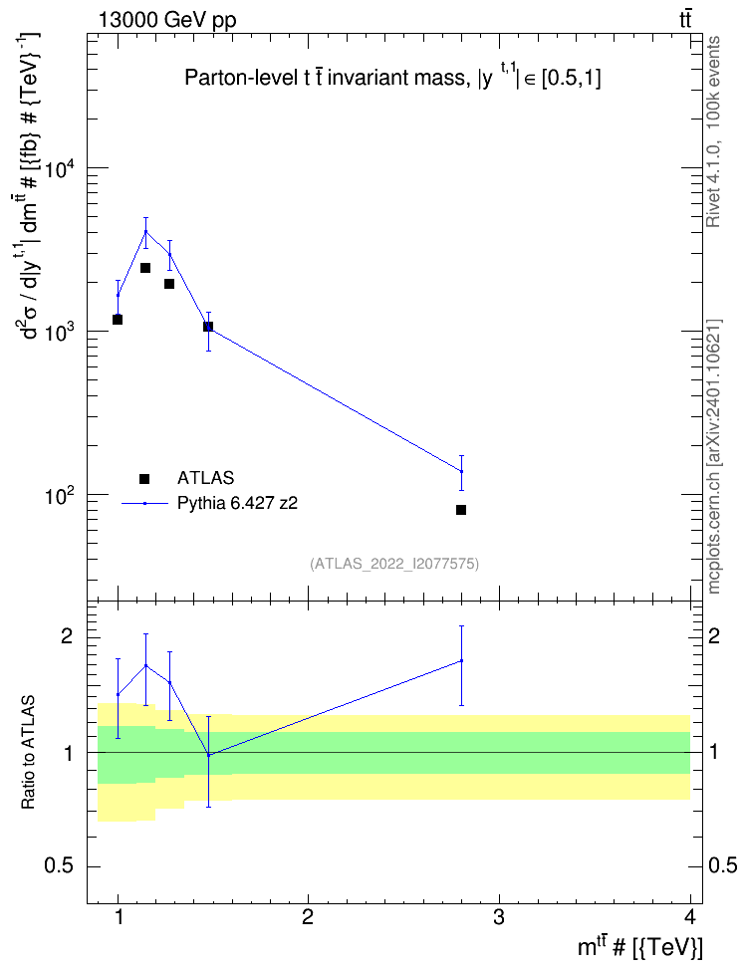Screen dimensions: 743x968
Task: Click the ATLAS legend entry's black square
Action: pos(144,478)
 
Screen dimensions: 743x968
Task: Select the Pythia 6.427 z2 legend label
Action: pos(237,503)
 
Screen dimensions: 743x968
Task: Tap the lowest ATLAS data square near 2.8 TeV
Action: pos(461,510)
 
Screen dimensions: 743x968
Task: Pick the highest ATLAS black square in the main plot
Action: pos(145,268)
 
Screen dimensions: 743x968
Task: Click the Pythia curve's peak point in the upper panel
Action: pos(145,231)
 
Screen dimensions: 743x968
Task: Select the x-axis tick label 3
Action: pos(498,917)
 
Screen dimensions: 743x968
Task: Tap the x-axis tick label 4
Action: pos(690,917)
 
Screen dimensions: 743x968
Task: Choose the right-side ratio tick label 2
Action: pos(714,636)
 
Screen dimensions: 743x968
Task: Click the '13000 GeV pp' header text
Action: pos(167,20)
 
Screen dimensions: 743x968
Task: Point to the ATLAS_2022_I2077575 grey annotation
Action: pos(394,563)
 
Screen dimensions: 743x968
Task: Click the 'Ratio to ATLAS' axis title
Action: pos(28,752)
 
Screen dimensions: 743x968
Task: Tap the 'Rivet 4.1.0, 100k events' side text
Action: pos(713,131)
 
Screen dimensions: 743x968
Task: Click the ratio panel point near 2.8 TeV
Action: pos(461,660)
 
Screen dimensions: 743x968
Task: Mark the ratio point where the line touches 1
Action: pos(209,755)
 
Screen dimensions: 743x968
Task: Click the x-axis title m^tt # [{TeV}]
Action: pos(639,947)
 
